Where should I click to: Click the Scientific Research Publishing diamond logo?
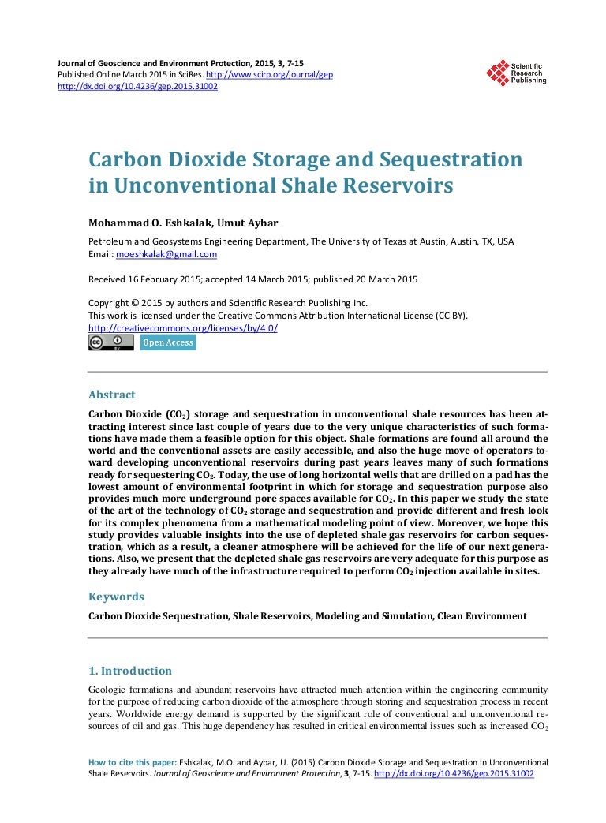[x=497, y=73]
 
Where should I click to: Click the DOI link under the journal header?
[x=137, y=86]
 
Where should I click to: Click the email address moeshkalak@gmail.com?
[x=166, y=254]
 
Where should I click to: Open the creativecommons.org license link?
[x=182, y=327]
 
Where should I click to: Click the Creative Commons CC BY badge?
[x=110, y=342]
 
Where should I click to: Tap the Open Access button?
[x=167, y=342]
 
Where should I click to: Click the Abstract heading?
[x=111, y=395]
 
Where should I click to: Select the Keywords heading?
[x=116, y=597]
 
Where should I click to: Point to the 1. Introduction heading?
[x=130, y=671]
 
